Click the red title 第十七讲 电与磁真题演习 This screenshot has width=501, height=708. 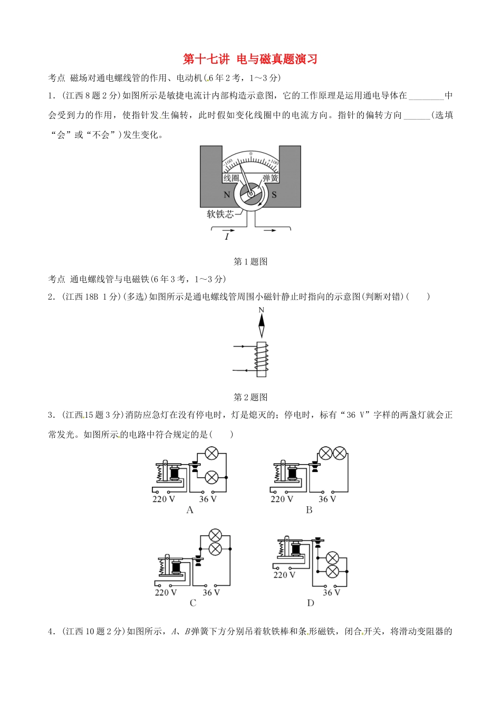250,59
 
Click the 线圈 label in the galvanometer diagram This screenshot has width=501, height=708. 231,178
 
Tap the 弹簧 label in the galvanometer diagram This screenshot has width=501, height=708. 270,178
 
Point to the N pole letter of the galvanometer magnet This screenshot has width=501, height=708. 227,195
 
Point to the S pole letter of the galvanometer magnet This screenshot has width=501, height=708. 274,195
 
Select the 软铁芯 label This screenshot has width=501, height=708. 220,214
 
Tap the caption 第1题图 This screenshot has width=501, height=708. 250,261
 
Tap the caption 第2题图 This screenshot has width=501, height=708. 250,397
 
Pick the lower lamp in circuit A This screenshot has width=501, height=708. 211,477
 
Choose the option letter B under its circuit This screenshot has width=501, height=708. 309,510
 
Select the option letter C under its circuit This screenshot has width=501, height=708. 192,603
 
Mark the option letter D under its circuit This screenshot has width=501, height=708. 310,603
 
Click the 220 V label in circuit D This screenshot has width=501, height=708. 284,575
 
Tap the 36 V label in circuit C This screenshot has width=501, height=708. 211,593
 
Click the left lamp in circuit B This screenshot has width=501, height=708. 325,453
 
